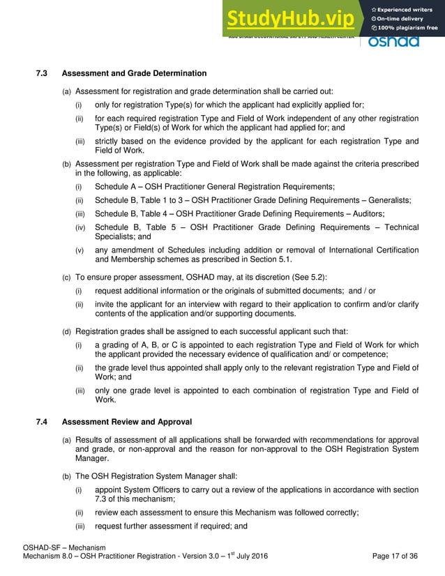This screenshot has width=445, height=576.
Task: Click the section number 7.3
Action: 42,74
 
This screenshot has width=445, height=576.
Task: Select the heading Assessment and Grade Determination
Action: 134,74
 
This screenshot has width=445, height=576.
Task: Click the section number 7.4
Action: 42,422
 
